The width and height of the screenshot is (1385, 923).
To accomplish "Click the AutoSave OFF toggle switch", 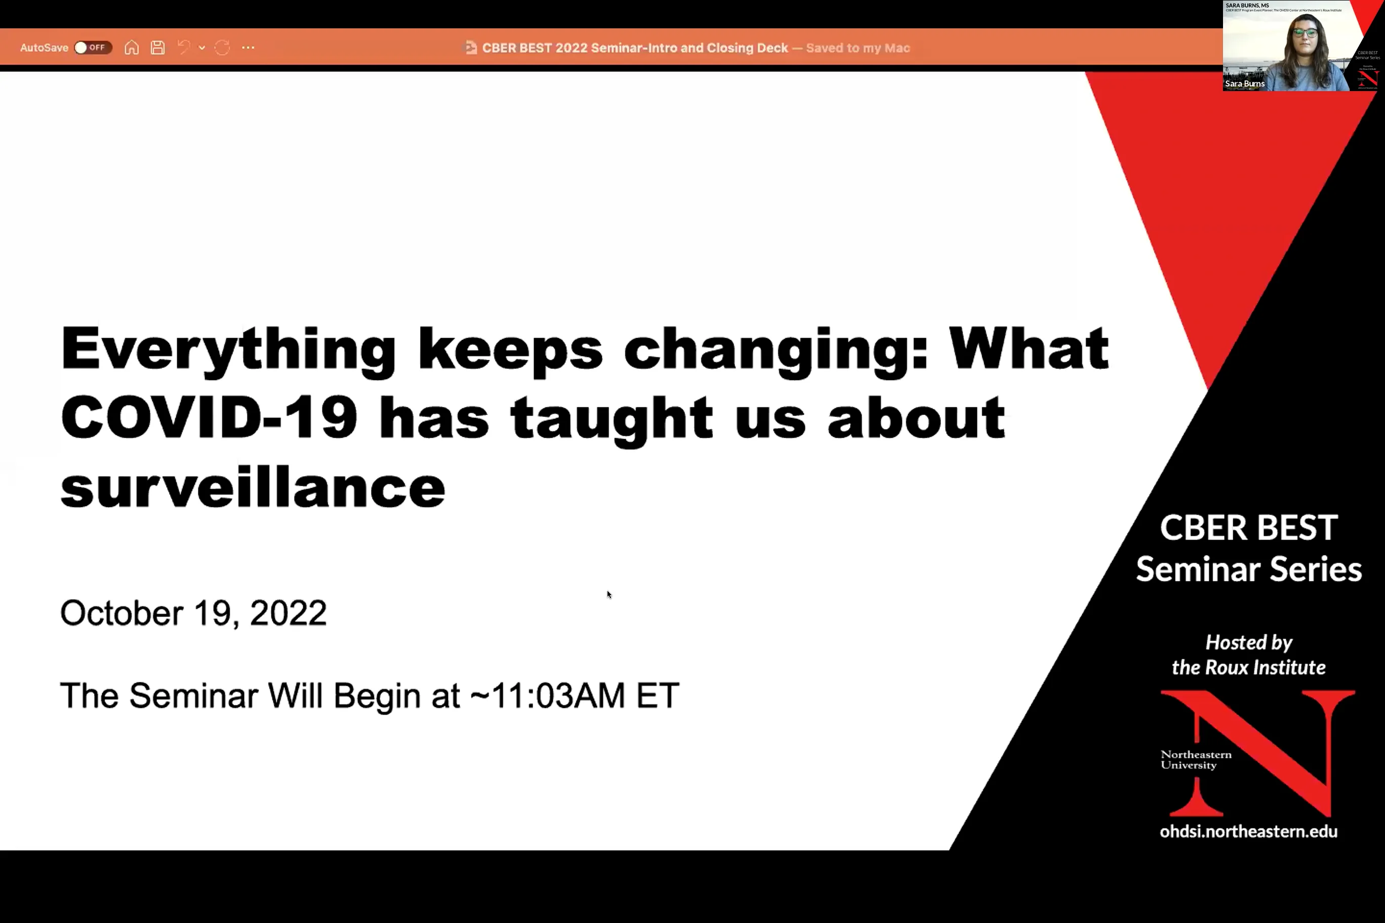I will [93, 48].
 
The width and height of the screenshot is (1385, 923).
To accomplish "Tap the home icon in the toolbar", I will [131, 48].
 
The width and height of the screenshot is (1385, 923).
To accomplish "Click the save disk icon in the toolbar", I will [157, 48].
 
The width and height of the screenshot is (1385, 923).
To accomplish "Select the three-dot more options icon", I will [248, 48].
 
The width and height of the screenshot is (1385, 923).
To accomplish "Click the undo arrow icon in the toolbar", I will [184, 48].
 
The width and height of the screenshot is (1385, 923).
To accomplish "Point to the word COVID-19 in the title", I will [209, 417].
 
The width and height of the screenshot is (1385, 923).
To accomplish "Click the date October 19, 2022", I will [193, 613].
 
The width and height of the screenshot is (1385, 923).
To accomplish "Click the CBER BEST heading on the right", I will [1248, 527].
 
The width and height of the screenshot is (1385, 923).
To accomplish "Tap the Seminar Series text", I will [1248, 569].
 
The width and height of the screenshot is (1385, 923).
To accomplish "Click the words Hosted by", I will [1248, 642].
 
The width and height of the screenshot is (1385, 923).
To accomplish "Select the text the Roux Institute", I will [1248, 667].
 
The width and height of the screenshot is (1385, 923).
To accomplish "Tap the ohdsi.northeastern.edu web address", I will [1248, 831].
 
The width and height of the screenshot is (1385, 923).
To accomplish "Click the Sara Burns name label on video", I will [1244, 83].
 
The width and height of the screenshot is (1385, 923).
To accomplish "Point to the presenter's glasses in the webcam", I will [1306, 32].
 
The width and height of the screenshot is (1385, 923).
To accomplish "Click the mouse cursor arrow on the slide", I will [609, 595].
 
